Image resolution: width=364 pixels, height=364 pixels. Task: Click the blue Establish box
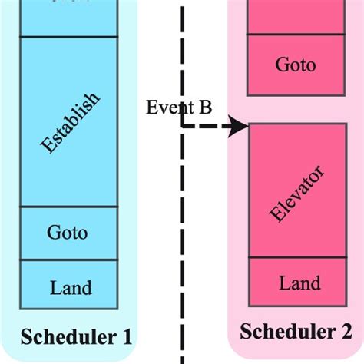coord(68,121)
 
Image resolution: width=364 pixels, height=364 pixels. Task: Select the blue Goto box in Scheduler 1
coord(68,233)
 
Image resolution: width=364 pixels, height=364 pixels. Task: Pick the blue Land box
coord(68,288)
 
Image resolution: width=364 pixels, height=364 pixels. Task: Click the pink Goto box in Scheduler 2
coord(295,65)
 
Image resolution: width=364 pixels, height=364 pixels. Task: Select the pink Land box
coord(295,283)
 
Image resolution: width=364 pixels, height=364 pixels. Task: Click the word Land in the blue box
coord(71,289)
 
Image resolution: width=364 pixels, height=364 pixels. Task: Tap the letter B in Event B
coord(205,108)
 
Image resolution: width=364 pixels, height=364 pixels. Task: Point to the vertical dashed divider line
coord(183,230)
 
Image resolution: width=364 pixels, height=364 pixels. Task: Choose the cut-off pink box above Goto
coord(295,15)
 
